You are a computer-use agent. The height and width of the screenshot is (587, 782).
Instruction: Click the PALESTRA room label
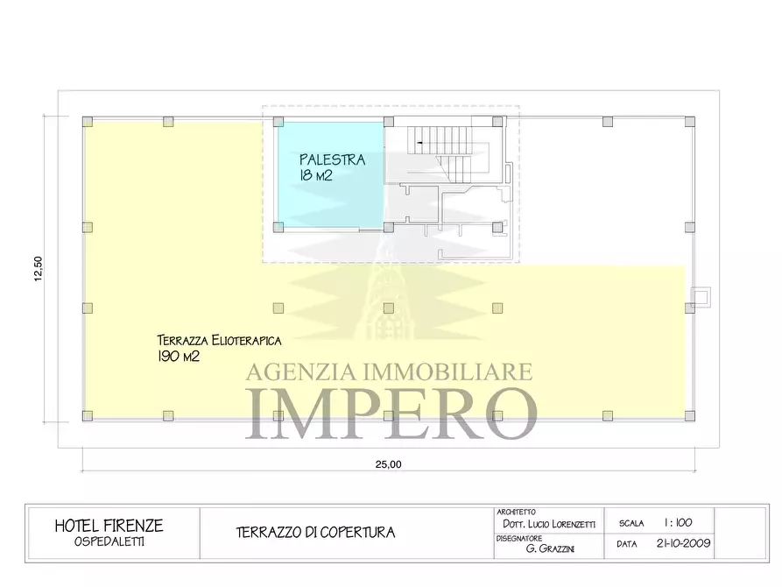332,159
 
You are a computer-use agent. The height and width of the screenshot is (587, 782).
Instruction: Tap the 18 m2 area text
316,175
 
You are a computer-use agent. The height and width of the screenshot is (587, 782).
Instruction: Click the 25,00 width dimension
388,464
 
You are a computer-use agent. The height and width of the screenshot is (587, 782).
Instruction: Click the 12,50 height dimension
38,269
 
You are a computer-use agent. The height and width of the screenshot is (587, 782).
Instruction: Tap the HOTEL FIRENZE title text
109,526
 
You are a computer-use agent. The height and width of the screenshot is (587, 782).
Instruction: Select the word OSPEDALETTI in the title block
109,541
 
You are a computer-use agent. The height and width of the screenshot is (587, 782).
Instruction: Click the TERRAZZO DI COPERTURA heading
315,532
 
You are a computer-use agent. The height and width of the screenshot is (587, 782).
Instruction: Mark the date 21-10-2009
683,543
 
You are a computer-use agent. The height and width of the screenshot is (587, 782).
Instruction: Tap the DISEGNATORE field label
518,538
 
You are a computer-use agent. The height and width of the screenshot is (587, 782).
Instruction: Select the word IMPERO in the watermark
391,412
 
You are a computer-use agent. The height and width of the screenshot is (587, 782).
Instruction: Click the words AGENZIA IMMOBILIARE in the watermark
388,371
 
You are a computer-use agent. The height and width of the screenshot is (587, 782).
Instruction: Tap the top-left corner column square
87,122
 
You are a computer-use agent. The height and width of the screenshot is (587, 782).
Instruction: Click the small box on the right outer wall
701,297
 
